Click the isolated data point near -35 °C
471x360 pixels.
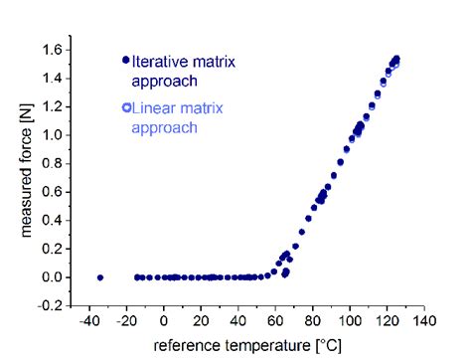coord(100,277)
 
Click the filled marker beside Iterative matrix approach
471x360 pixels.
coord(126,60)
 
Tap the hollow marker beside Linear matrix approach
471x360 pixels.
coord(126,107)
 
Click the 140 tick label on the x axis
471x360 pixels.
coord(424,322)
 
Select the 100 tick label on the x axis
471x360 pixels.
coord(350,322)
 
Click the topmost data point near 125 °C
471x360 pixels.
coord(396,59)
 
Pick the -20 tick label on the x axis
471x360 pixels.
coord(127,322)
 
